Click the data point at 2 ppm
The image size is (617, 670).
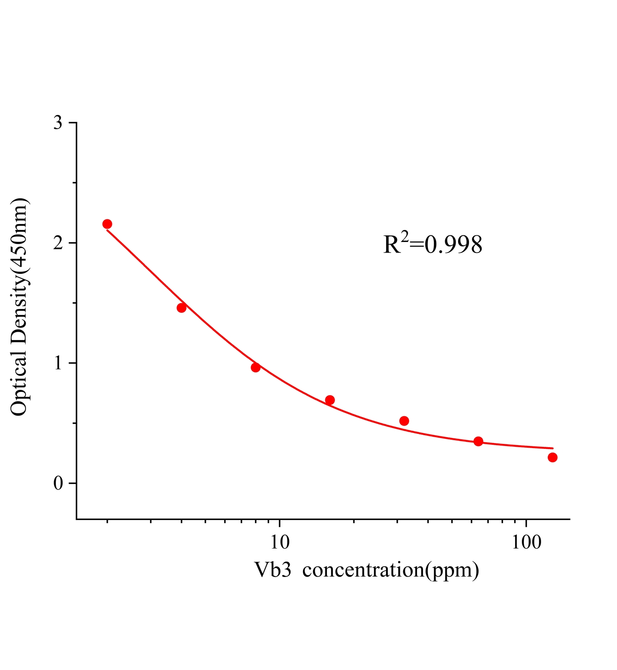point(107,224)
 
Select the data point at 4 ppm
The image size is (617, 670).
point(181,308)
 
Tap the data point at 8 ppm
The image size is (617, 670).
point(256,367)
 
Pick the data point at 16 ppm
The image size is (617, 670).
point(330,400)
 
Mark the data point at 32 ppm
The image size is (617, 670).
point(404,421)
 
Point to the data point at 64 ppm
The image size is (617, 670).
point(478,441)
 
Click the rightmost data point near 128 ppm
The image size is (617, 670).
point(552,457)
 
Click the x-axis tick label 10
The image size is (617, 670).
point(280,542)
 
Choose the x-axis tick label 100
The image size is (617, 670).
point(526,542)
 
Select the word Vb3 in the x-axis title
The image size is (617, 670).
point(272,570)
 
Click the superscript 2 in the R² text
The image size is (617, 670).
point(404,236)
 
